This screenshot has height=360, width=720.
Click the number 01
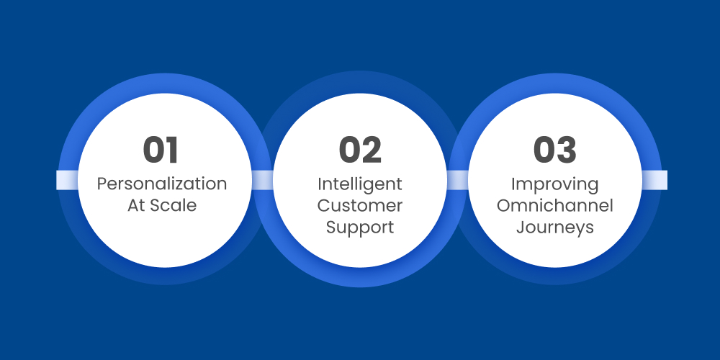coord(161,150)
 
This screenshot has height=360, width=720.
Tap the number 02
coord(360,150)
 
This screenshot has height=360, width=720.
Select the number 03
coord(554,150)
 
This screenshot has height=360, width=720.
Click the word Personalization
coord(162,184)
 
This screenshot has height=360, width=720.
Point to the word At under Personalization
coord(137,205)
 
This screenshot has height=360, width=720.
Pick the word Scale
coord(173,205)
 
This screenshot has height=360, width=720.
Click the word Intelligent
coord(360,184)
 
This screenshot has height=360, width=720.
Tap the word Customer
coord(360,205)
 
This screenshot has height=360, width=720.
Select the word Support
coord(360,228)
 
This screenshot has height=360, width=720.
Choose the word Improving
coord(554,184)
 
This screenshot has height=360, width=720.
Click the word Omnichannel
coord(554,205)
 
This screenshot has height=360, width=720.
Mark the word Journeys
coord(554,228)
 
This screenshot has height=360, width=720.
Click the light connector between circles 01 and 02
coord(262,180)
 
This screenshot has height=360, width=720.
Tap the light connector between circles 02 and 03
coord(457,180)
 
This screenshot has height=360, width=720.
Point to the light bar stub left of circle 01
coord(67,180)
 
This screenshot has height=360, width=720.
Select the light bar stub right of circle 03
coord(654,180)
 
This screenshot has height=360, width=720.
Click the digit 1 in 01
coord(171,150)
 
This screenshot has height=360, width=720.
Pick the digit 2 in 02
coord(372,150)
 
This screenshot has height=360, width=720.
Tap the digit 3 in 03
coord(567,150)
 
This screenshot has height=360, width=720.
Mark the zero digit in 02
coord(349,150)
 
